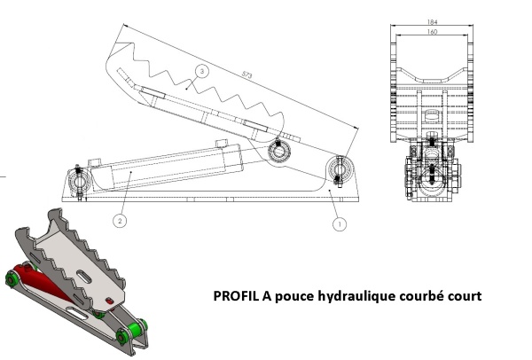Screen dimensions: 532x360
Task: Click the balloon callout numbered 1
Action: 340,224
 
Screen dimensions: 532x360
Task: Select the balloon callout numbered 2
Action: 120,221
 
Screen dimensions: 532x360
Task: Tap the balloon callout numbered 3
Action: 202,71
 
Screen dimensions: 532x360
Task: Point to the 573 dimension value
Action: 247,74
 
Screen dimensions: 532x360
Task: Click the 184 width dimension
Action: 432,22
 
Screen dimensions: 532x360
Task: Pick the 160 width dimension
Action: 432,32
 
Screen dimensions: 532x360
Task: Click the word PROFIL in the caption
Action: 236,296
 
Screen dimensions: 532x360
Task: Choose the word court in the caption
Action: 465,296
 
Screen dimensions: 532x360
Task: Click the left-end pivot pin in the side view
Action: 79,180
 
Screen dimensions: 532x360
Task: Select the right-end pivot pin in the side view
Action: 340,169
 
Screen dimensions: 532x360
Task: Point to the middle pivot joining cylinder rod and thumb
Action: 279,152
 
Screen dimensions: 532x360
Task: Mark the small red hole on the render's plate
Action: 110,301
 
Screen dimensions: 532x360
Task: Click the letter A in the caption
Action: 266,296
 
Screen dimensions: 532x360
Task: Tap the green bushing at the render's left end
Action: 12,279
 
